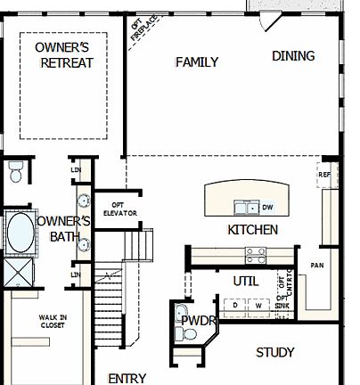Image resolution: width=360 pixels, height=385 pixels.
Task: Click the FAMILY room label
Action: click(x=197, y=62)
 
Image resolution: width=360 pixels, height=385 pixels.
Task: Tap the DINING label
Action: click(x=293, y=56)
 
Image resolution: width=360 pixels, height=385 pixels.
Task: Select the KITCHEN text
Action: click(x=253, y=230)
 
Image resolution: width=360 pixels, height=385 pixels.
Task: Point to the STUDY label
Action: click(x=274, y=353)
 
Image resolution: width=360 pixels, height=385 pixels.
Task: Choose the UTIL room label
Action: click(x=245, y=281)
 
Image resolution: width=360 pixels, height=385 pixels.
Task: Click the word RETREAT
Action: click(x=68, y=63)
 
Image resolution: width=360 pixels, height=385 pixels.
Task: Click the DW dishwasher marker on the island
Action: click(x=266, y=208)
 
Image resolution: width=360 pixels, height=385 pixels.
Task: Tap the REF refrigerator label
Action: click(x=323, y=175)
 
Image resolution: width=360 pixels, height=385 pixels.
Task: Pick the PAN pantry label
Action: click(x=316, y=266)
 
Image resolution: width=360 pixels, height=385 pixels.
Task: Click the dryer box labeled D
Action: click(x=235, y=305)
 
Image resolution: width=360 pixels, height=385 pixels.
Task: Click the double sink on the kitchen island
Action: click(x=242, y=208)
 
